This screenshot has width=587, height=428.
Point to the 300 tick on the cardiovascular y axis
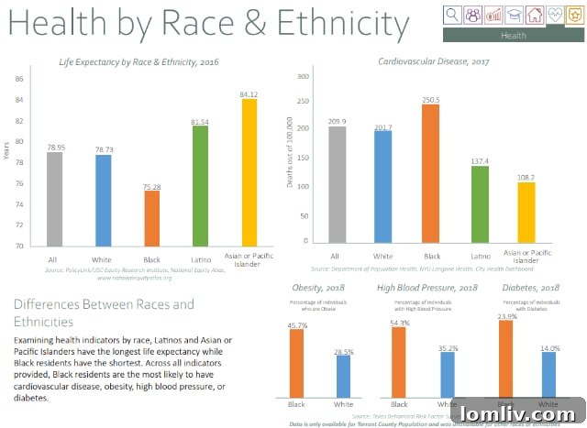(x=303, y=77)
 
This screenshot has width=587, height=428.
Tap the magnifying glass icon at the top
(x=452, y=14)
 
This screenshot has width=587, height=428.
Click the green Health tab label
(x=514, y=35)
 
